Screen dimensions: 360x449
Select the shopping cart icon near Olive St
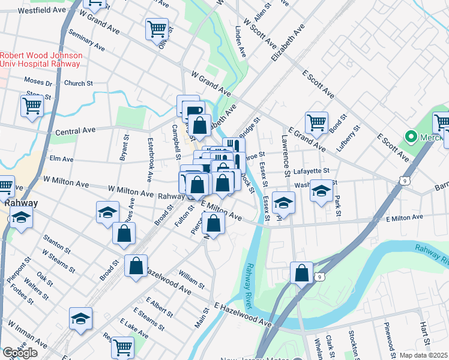click(156, 28)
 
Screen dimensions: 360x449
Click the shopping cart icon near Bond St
click(316, 122)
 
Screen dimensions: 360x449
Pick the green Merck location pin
click(411, 137)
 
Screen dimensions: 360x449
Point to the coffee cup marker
click(193, 110)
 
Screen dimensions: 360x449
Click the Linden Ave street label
click(241, 41)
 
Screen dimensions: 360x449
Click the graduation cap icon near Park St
click(321, 192)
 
